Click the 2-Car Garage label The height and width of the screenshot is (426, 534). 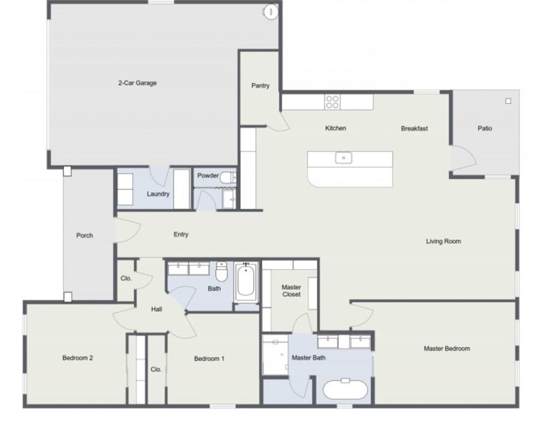[x=137, y=83]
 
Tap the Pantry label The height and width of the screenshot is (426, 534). [x=260, y=86]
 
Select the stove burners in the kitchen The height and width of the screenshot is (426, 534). [x=332, y=102]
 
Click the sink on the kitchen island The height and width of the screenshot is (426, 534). [x=344, y=158]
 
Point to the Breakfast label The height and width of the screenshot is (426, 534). [x=414, y=129]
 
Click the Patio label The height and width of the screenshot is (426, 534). [x=485, y=129]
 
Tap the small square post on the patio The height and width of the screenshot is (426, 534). [x=508, y=101]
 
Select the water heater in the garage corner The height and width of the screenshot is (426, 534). [x=270, y=11]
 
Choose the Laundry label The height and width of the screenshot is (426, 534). [x=158, y=194]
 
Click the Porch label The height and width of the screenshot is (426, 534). [x=84, y=236]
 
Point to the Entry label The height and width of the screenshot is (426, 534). [x=181, y=235]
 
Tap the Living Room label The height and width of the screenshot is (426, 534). [x=443, y=241]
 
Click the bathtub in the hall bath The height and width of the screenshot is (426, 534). [x=246, y=282]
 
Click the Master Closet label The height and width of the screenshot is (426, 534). [x=291, y=291]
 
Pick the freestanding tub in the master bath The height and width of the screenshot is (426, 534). [x=345, y=389]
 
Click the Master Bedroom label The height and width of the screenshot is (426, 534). [x=446, y=349]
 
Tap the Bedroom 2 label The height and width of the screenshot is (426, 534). [x=77, y=358]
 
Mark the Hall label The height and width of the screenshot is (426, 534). [x=156, y=310]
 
